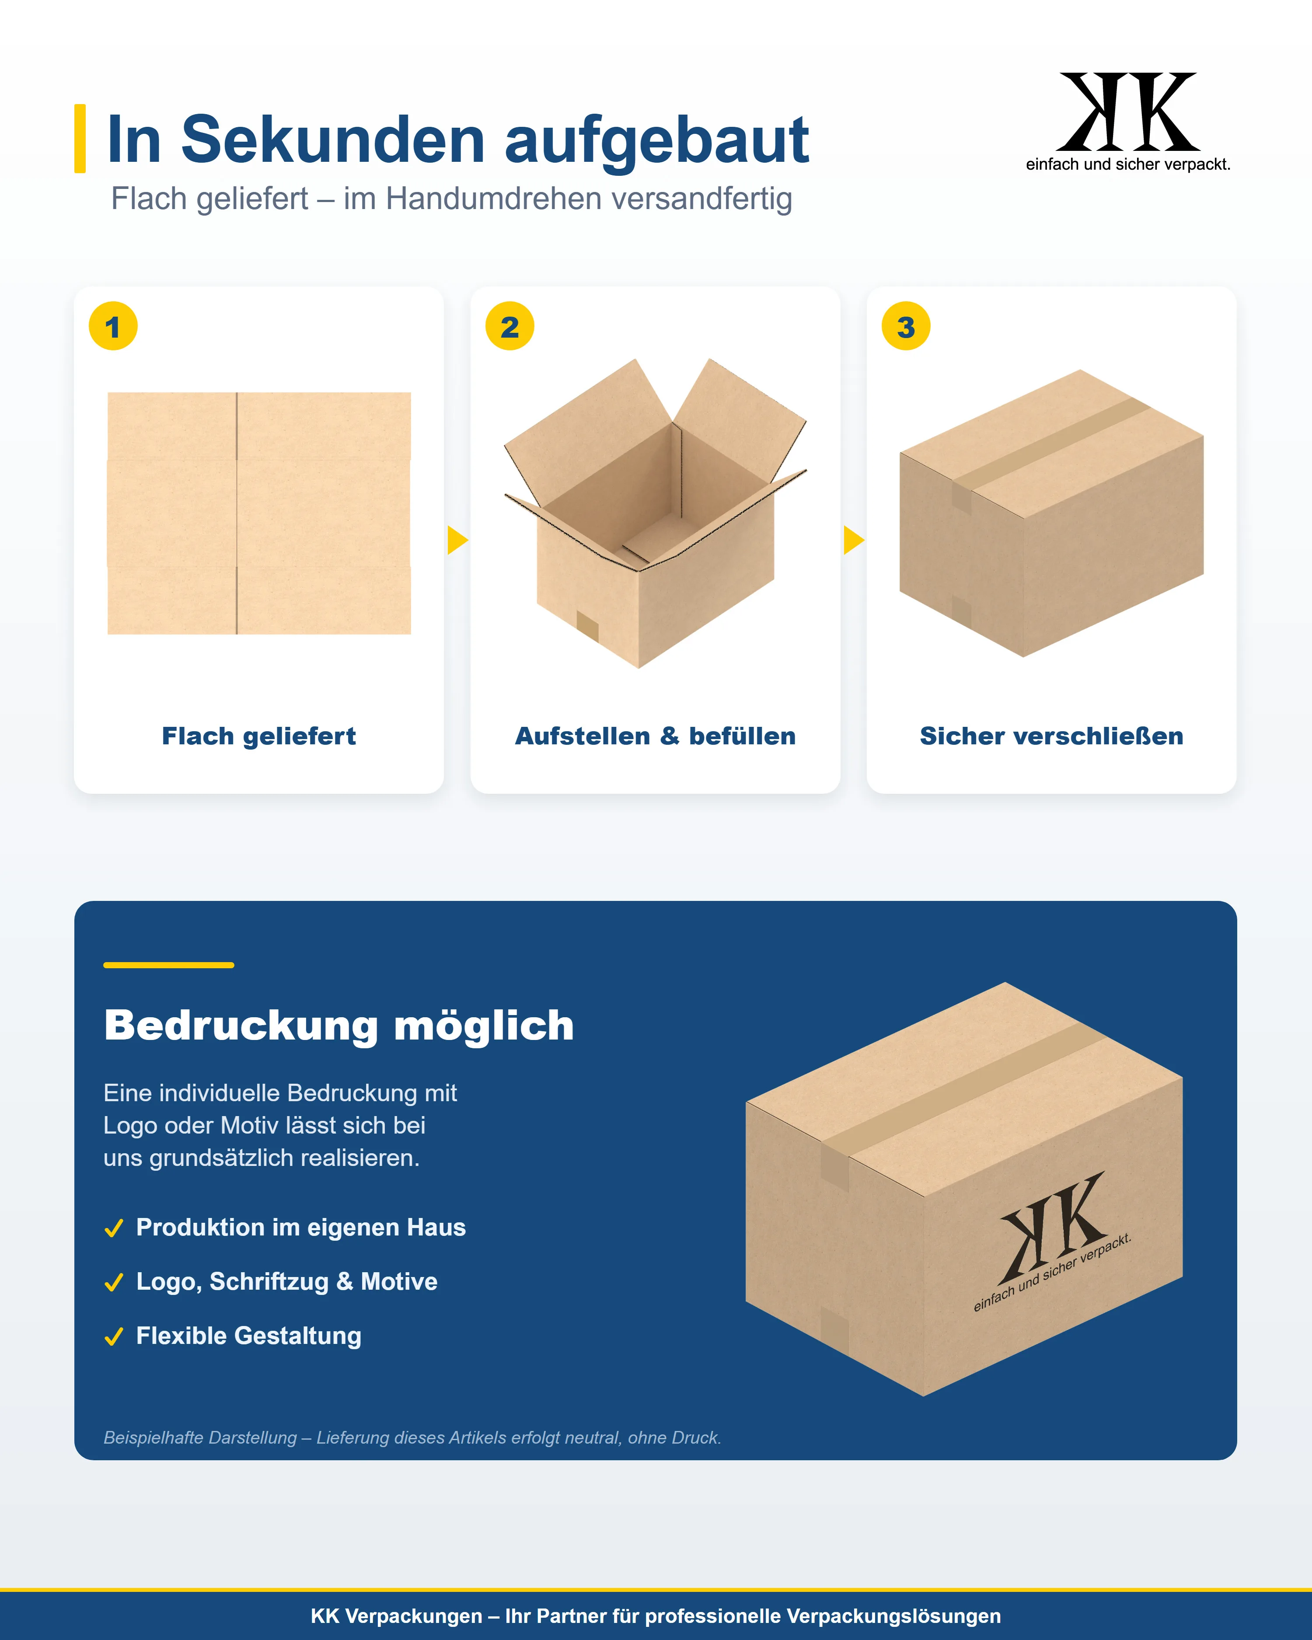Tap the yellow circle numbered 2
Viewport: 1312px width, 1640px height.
tap(509, 326)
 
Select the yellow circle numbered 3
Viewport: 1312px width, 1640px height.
tap(906, 326)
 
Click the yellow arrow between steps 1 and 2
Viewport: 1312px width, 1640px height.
tap(457, 540)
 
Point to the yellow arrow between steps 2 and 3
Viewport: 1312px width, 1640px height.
tap(853, 540)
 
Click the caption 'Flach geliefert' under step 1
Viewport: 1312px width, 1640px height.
tap(258, 736)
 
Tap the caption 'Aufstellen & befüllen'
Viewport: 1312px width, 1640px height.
tap(656, 736)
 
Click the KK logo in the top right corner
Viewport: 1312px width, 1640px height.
tap(1128, 122)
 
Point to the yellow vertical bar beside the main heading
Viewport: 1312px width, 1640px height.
tap(80, 139)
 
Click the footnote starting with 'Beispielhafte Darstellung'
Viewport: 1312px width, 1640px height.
tap(412, 1438)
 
